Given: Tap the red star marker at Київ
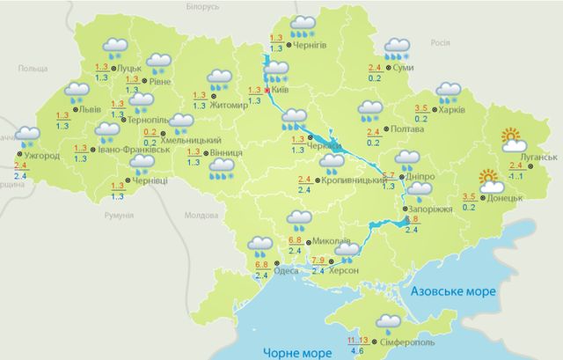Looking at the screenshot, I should coord(267,91).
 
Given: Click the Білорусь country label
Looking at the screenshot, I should coord(202,6).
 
